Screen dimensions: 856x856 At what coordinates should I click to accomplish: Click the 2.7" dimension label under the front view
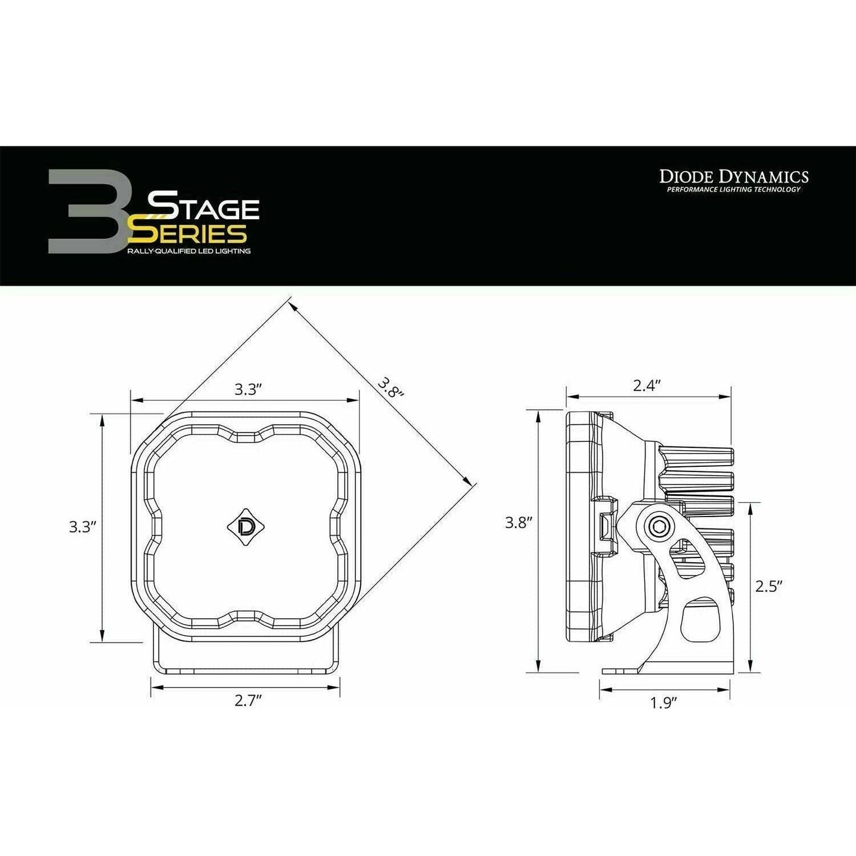(248, 701)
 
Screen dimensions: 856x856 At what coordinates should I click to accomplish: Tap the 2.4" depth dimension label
(646, 386)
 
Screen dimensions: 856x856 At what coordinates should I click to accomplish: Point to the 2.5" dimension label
(770, 586)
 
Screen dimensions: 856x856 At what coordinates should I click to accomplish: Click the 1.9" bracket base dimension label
(663, 703)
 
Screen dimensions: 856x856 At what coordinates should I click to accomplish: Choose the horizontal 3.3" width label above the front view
(248, 389)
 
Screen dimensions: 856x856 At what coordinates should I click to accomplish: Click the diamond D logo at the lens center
(245, 524)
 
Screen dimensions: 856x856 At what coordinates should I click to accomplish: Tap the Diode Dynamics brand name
(734, 176)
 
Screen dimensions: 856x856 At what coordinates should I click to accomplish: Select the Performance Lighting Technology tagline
(733, 190)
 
